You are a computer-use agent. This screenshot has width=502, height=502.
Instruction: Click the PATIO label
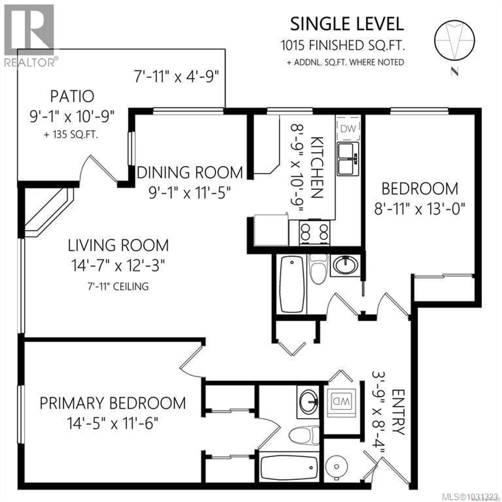72,96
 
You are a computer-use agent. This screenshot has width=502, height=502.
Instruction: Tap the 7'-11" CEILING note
118,287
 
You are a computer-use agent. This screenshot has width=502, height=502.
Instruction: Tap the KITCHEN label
317,168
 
